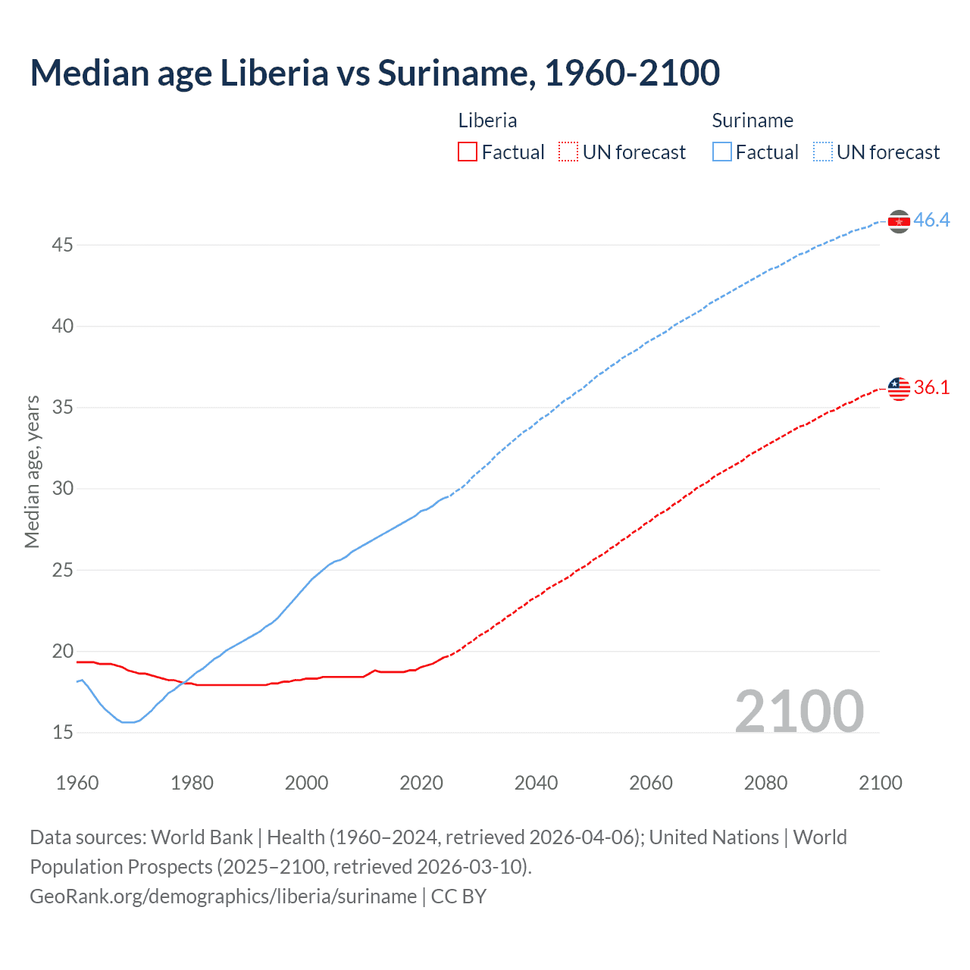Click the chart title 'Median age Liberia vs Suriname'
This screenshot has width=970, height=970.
[x=374, y=73]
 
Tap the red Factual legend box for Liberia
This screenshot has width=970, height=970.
[x=468, y=152]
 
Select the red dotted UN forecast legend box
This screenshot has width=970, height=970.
[x=568, y=152]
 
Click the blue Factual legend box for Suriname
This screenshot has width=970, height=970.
[x=722, y=152]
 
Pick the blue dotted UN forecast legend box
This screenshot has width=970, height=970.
[x=822, y=152]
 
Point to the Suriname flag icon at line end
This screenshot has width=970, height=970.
[x=899, y=221]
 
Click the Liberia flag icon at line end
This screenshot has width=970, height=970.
[x=899, y=389]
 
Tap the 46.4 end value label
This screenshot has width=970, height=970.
[x=931, y=220]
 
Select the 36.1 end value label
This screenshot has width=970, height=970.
[x=931, y=387]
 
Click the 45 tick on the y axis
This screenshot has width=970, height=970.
[x=63, y=245]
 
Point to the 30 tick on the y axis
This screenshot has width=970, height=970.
[x=63, y=488]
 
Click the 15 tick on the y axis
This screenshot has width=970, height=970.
[x=63, y=732]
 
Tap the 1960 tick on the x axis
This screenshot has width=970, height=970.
[x=77, y=783]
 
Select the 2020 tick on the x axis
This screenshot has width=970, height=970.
[x=421, y=783]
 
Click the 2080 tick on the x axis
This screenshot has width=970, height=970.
[x=765, y=783]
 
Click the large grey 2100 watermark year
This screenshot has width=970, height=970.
[x=799, y=711]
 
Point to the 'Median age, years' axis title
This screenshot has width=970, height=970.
[x=32, y=471]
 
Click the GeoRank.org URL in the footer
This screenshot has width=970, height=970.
[x=223, y=896]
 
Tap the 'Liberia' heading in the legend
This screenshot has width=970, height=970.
[x=487, y=120]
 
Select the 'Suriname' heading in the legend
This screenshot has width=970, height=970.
[x=753, y=120]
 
